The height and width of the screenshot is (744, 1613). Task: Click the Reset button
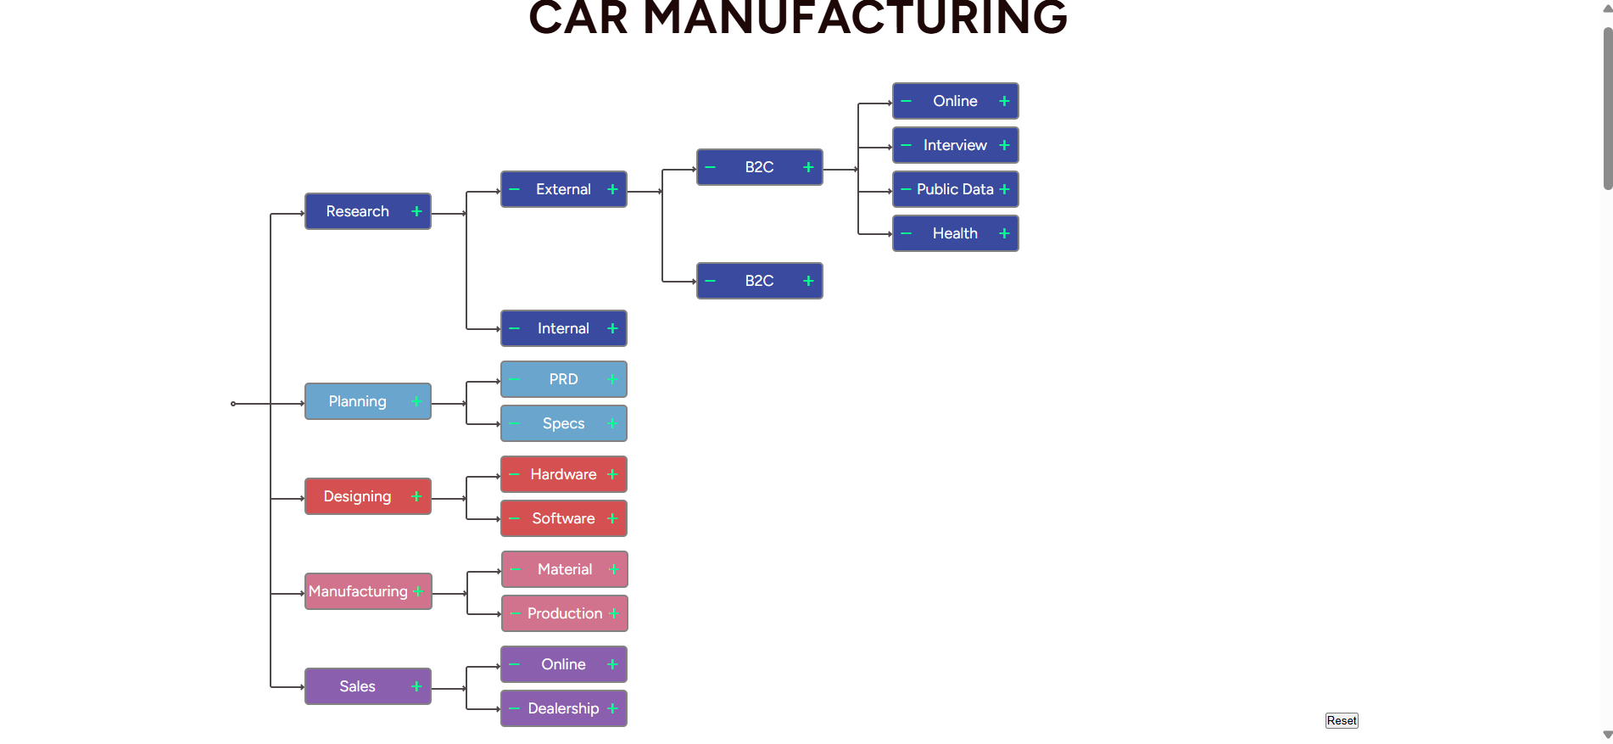[1341, 720]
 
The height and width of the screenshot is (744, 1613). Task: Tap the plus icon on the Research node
[416, 211]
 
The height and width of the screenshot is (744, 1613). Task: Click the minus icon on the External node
[514, 189]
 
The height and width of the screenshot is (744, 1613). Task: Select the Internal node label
[563, 328]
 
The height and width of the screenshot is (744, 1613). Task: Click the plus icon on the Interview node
[1004, 145]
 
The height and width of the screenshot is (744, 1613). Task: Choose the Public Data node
[955, 189]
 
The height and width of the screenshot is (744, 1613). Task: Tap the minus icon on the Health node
[906, 233]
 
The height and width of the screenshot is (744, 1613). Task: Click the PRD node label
[563, 379]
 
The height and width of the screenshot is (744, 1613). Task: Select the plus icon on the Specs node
[612, 423]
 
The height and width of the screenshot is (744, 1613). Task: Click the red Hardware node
[563, 474]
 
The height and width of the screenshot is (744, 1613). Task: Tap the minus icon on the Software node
[514, 518]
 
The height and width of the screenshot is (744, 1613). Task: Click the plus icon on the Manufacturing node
[418, 591]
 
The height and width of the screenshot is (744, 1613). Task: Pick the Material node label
[565, 569]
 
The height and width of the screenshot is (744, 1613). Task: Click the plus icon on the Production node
[614, 613]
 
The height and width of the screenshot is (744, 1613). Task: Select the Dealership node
[563, 708]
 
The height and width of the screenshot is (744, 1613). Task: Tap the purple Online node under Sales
[563, 664]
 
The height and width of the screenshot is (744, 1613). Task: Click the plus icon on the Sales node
[416, 686]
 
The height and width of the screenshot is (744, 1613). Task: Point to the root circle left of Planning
[233, 404]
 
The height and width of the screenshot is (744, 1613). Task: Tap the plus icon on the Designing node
[416, 496]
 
